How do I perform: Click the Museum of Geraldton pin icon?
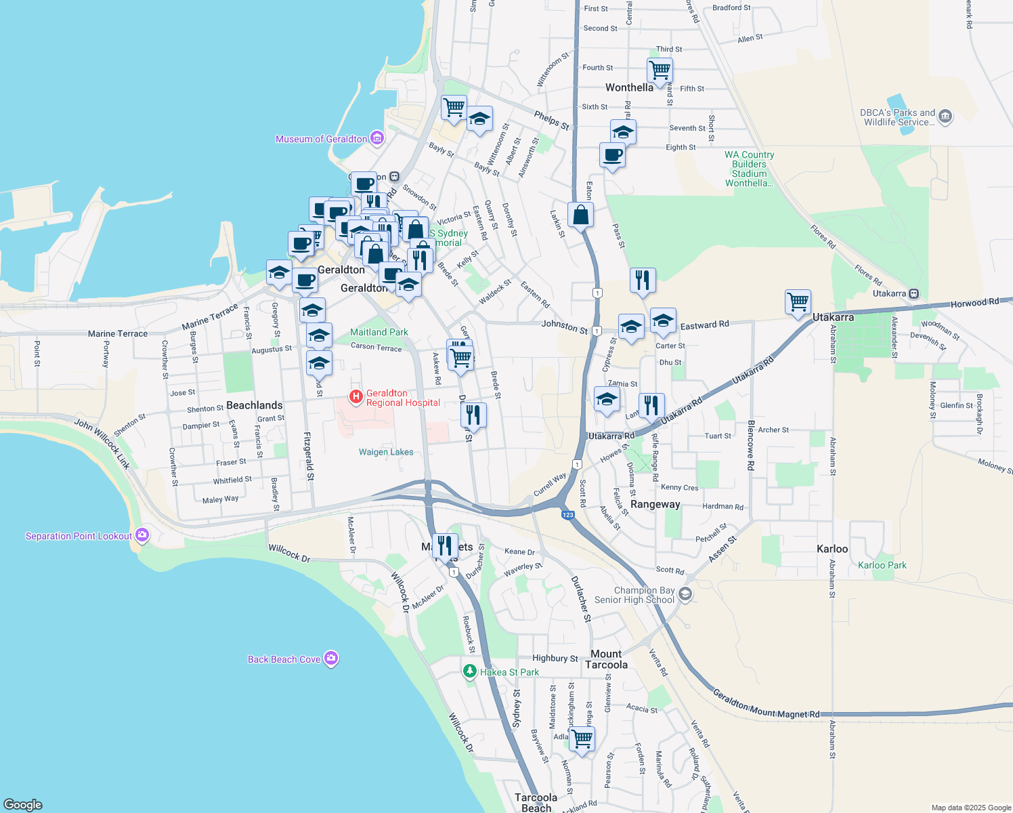(x=377, y=139)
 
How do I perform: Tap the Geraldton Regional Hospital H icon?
(x=355, y=396)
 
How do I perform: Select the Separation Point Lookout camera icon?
(x=142, y=535)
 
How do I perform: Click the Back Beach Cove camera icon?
(x=330, y=658)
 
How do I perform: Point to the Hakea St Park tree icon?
(x=469, y=671)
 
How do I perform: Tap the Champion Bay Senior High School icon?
(x=685, y=594)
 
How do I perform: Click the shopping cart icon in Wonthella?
(x=660, y=69)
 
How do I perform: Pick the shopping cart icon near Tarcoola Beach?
(x=582, y=738)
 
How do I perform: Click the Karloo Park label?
(x=882, y=565)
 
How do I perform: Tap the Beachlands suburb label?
(x=255, y=405)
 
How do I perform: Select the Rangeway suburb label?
(x=655, y=504)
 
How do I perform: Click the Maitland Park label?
(x=379, y=332)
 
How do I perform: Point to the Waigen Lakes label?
(x=386, y=452)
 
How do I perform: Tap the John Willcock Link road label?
(x=102, y=444)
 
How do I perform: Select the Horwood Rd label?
(x=974, y=303)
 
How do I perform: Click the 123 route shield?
(x=568, y=515)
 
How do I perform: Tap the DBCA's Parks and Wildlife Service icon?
(x=945, y=117)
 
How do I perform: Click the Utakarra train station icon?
(x=914, y=293)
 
